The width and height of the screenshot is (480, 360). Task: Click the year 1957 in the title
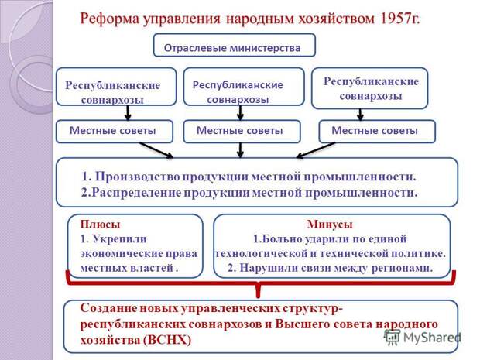(394, 19)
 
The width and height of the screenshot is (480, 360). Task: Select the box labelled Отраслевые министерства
(234, 46)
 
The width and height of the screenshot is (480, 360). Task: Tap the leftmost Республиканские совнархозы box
(116, 87)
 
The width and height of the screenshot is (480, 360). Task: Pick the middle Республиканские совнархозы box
(244, 87)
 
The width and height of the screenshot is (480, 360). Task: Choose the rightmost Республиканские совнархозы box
(369, 88)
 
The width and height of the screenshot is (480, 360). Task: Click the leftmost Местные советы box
(114, 132)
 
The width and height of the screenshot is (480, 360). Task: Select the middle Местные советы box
(242, 132)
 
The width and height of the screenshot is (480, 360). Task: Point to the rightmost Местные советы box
(377, 132)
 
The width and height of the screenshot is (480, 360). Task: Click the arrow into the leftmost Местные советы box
(128, 113)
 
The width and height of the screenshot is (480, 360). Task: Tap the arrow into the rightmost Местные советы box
(360, 115)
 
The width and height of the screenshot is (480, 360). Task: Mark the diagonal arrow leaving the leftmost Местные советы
(156, 150)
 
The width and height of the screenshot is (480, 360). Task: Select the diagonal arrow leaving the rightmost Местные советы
(316, 150)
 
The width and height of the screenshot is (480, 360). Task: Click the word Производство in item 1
(138, 177)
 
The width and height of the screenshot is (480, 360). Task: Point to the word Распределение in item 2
(136, 193)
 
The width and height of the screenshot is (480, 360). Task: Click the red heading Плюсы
(100, 225)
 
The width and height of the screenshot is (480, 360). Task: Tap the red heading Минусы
(330, 225)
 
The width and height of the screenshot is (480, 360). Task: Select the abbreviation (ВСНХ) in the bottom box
(166, 340)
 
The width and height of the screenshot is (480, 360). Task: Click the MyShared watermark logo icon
(393, 338)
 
